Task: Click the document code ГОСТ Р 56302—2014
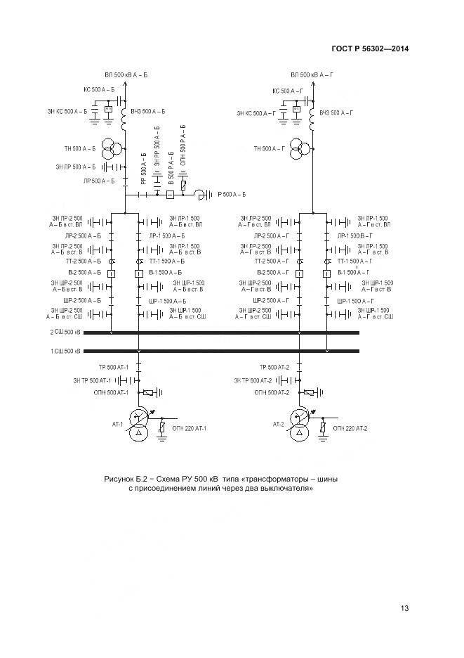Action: coord(369,49)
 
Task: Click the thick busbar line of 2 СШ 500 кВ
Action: coord(211,333)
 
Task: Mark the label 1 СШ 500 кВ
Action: coord(65,351)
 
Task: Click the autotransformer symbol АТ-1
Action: coord(139,429)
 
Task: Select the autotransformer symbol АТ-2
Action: coord(298,429)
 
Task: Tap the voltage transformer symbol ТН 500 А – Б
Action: coord(110,148)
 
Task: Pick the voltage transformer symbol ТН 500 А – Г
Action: coord(298,148)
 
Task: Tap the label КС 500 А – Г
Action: coord(287,91)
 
